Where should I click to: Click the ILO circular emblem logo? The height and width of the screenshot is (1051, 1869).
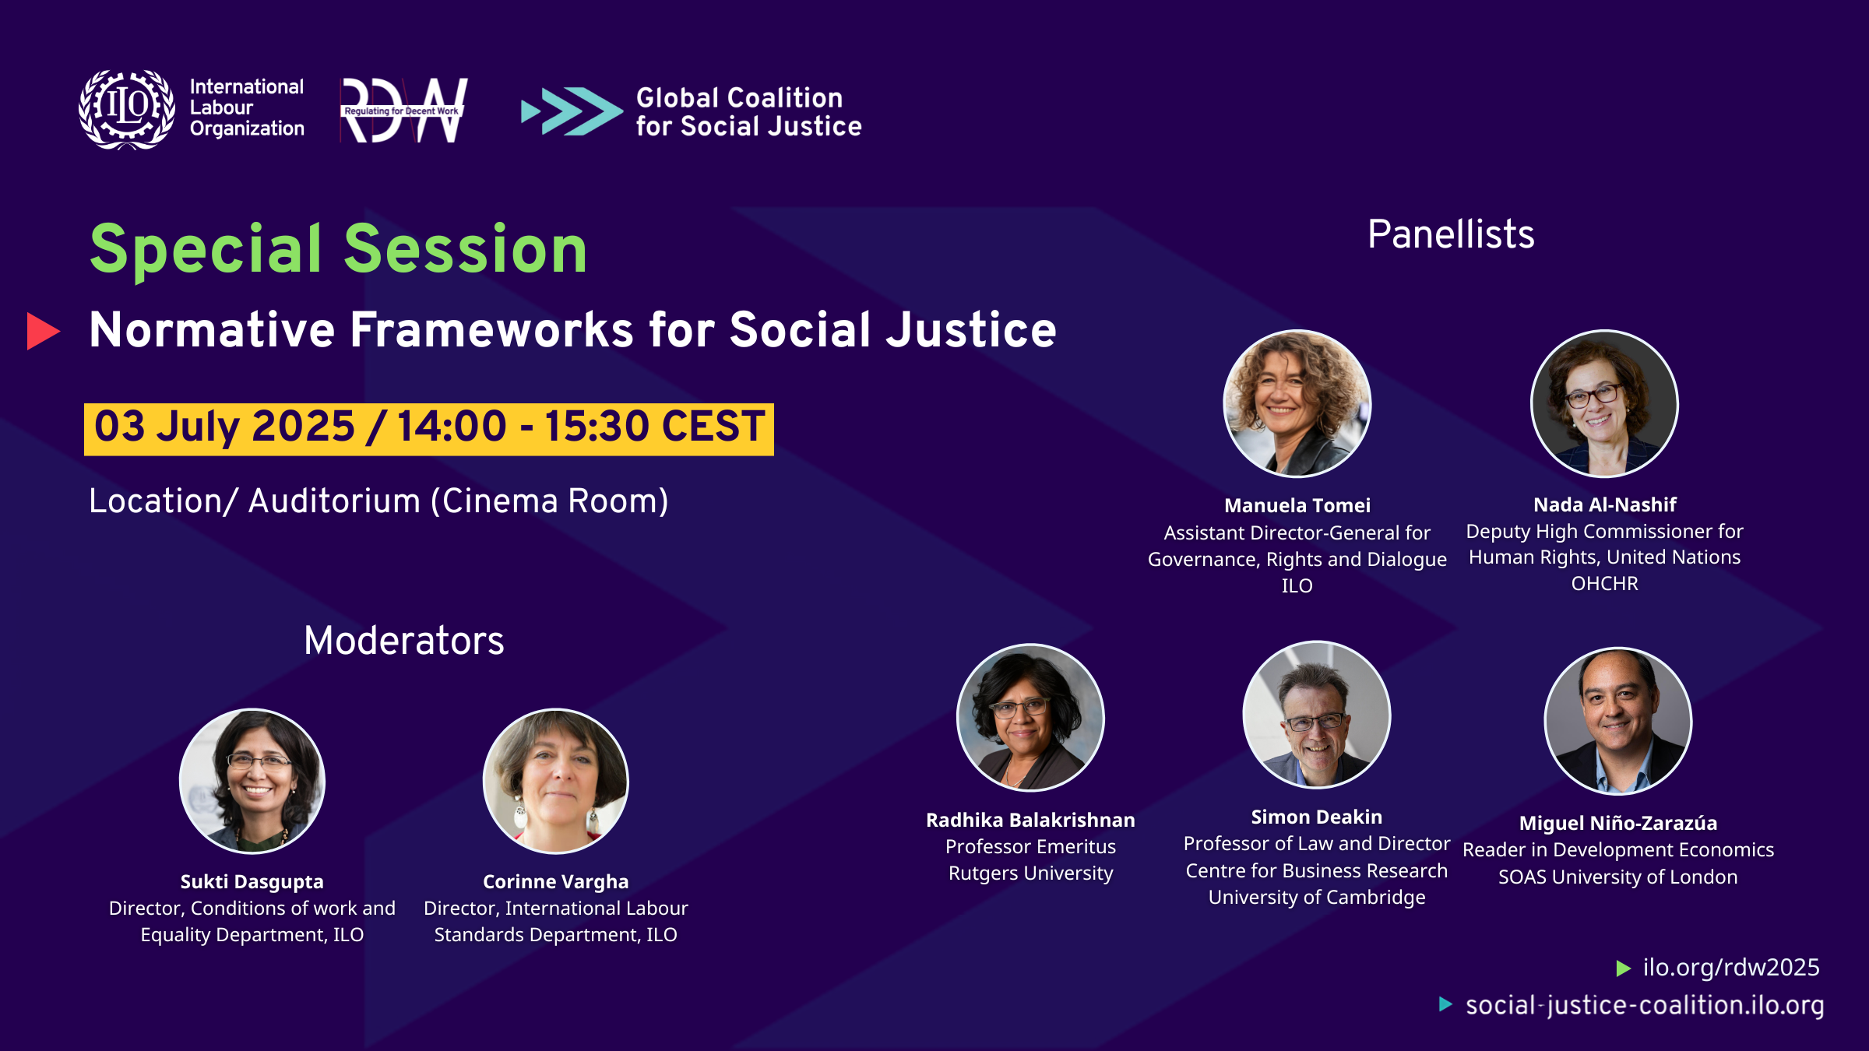click(126, 109)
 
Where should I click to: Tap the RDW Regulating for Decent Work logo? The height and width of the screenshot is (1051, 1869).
click(404, 110)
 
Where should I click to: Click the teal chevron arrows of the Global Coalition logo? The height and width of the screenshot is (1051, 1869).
click(572, 111)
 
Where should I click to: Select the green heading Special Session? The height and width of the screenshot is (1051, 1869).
click(339, 249)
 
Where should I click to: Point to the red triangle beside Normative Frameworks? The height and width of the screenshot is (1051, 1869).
click(43, 331)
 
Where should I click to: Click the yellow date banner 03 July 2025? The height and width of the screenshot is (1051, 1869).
click(429, 429)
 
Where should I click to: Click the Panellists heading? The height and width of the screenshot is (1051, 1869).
click(1451, 234)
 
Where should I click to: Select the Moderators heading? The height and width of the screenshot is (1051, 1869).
click(404, 641)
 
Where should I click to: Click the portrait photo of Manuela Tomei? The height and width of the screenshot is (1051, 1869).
click(1297, 403)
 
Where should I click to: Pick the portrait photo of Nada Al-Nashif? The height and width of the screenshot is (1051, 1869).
click(1604, 403)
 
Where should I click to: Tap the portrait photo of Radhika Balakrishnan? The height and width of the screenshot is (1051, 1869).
click(1030, 717)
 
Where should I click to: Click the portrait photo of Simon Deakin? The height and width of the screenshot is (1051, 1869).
click(1316, 714)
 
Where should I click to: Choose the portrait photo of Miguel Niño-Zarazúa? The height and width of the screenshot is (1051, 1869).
click(1617, 721)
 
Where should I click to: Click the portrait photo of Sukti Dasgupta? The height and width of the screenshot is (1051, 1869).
click(252, 781)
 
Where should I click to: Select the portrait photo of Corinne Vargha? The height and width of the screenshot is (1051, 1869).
click(555, 781)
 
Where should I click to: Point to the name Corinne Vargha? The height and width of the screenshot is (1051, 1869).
click(555, 881)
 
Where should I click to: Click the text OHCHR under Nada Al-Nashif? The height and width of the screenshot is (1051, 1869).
click(1604, 583)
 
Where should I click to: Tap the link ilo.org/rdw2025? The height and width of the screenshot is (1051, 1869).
click(1731, 967)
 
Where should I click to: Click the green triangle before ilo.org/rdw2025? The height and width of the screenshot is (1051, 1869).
click(1624, 968)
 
